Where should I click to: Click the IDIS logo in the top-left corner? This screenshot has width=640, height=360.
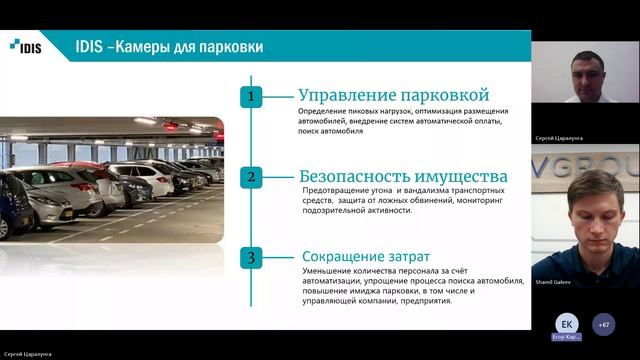point(25,45)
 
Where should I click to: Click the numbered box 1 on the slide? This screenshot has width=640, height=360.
point(253,97)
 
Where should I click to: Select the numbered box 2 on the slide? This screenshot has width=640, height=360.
point(253,177)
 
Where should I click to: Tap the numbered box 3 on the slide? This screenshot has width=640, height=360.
point(253,258)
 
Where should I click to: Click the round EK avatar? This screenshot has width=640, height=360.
point(567,324)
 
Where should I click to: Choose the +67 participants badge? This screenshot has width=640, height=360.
point(603,324)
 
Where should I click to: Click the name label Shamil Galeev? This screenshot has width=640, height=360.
point(552,281)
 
